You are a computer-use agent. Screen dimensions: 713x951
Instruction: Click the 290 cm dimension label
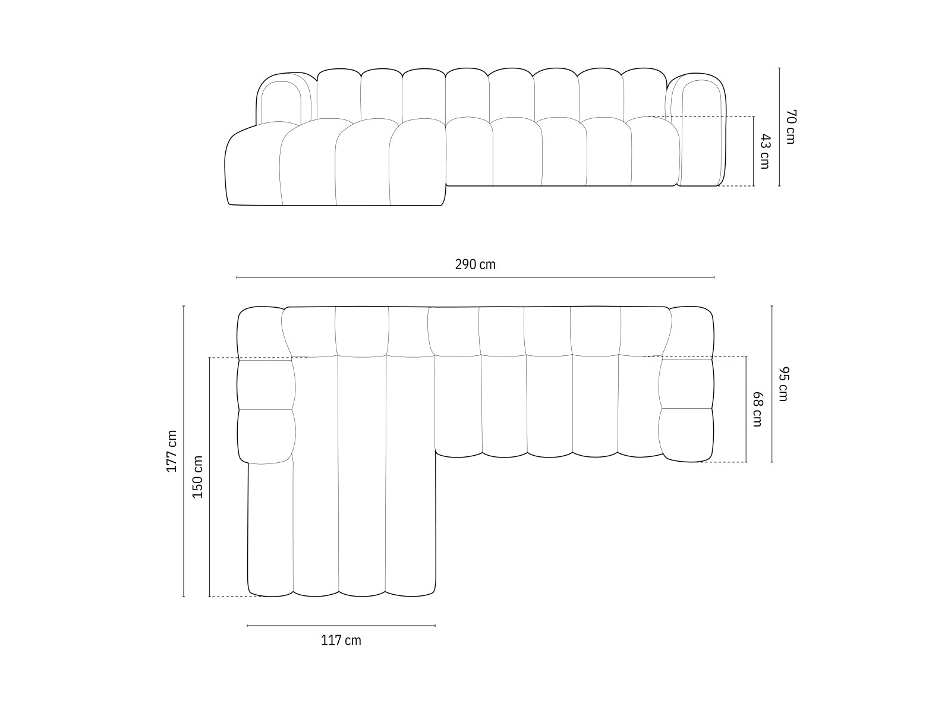(x=475, y=264)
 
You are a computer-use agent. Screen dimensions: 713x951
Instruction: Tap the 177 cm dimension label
(x=172, y=451)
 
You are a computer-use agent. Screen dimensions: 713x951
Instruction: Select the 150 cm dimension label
(x=198, y=477)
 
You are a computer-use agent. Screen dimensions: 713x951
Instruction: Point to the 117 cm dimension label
(x=341, y=641)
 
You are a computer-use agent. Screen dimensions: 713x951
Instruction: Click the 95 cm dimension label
(x=783, y=384)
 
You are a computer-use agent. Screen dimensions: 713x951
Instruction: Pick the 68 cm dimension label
(x=757, y=409)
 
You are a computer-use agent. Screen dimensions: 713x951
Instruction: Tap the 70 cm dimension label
(x=790, y=127)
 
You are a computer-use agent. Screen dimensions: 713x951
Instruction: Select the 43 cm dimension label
(x=765, y=152)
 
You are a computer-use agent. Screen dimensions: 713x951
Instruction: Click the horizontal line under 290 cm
(x=475, y=277)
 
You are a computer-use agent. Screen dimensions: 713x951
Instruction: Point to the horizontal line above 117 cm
(x=341, y=626)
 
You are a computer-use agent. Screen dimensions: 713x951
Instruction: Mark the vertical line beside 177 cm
(x=184, y=451)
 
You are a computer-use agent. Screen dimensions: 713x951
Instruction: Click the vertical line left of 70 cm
(x=779, y=127)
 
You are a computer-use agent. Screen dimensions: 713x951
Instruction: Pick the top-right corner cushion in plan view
(x=691, y=333)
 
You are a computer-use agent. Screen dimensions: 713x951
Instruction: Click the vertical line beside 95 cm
(x=772, y=384)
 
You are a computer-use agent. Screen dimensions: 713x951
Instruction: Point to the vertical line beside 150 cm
(x=209, y=477)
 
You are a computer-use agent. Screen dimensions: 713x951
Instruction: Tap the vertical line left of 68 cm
(x=747, y=409)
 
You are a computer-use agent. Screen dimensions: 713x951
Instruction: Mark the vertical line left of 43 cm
(x=754, y=152)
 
